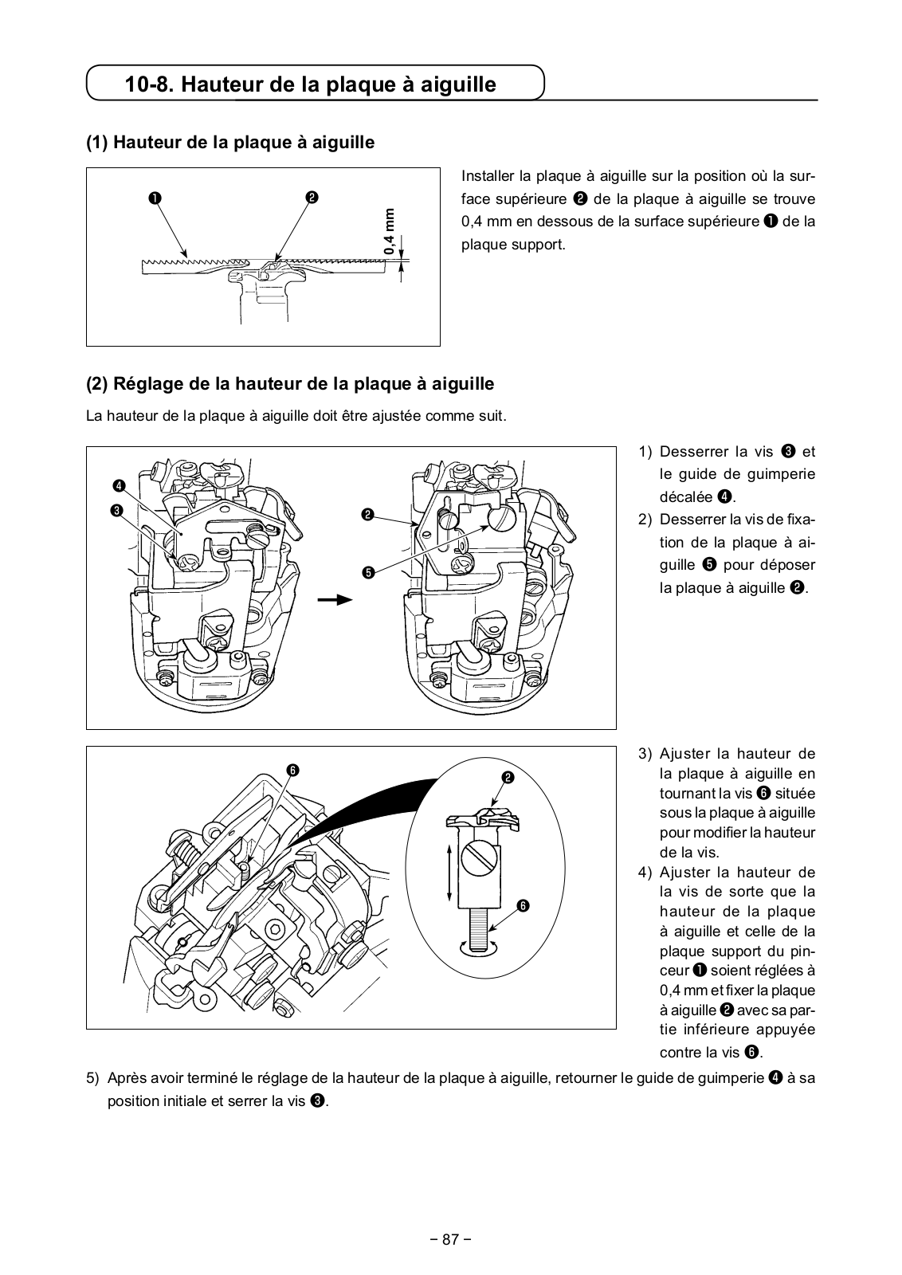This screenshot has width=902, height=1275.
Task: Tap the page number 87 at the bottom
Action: [451, 1239]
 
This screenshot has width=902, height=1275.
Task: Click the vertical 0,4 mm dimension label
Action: [390, 232]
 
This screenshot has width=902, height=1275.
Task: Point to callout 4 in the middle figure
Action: [118, 485]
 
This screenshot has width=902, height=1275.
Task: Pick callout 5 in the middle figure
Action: [367, 572]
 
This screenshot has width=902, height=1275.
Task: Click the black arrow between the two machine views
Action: [335, 600]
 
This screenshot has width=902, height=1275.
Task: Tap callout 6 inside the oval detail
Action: [523, 905]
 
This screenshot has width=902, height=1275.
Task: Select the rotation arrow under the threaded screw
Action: [477, 947]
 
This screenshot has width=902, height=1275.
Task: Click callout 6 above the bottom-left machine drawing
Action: [292, 769]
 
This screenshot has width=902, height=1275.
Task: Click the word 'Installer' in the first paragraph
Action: [487, 176]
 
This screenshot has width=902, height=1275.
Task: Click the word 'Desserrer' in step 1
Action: [692, 452]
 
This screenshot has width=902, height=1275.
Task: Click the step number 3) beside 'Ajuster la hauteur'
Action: [645, 754]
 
